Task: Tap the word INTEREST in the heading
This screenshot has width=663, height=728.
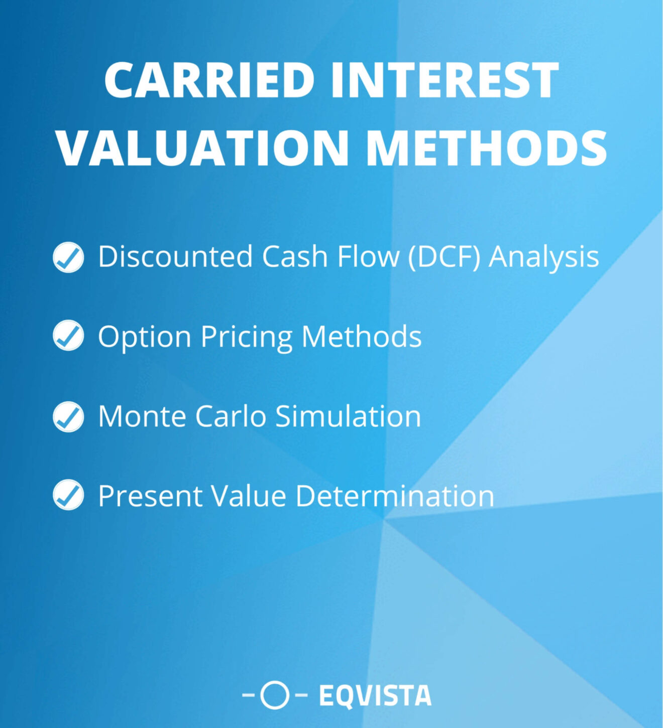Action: coord(445,80)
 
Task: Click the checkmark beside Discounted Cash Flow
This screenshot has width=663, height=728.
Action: coord(68,257)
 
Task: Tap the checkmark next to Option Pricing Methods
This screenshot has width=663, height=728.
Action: coord(68,335)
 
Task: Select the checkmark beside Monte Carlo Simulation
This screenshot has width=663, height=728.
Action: coord(68,416)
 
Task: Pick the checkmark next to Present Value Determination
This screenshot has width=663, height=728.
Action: coord(68,495)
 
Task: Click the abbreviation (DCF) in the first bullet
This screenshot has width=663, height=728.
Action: coord(445,257)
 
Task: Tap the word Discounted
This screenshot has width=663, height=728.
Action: coord(175,257)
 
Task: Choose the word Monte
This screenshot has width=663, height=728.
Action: coord(142,416)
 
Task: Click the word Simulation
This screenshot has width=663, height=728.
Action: coord(348,416)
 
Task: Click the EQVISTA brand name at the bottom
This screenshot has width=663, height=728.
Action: coord(375,696)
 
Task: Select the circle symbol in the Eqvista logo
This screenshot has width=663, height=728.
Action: coord(275,695)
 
